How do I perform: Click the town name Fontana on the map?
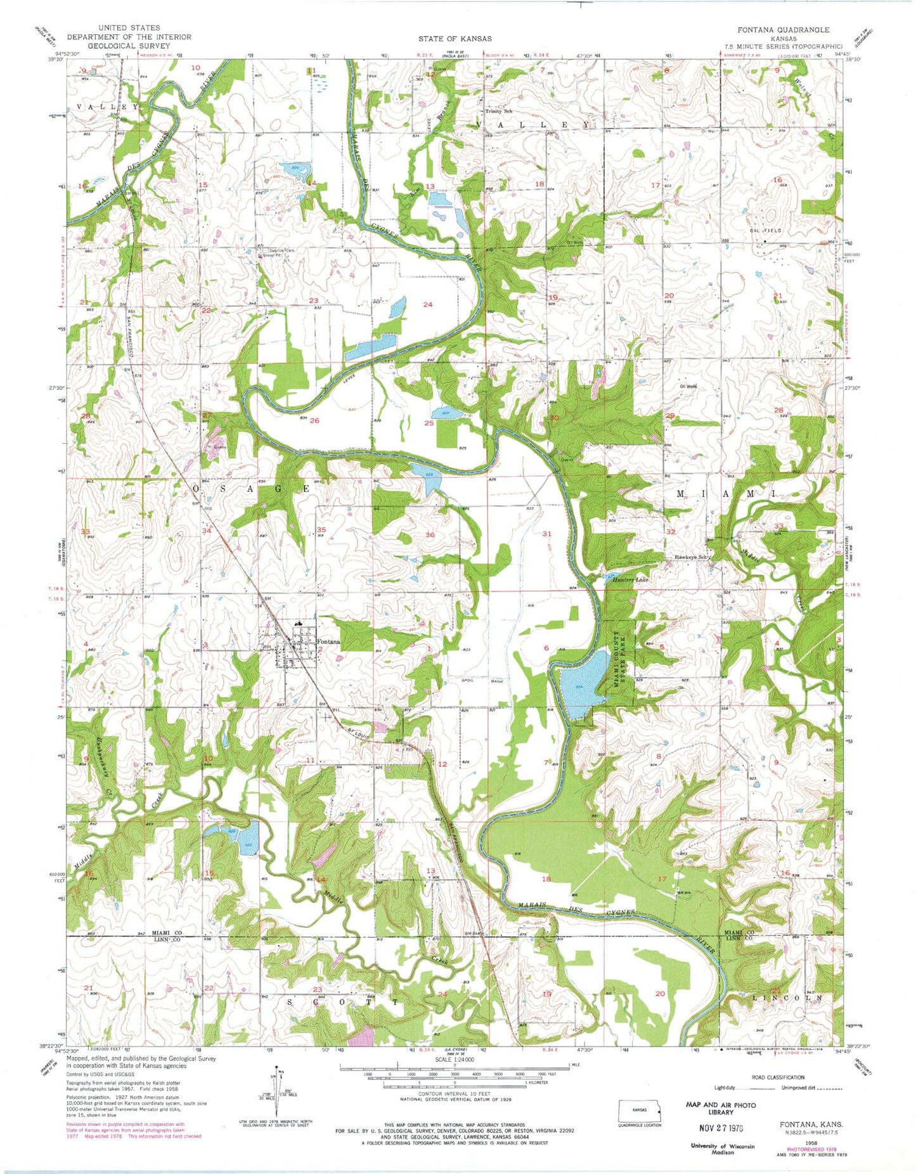pos(328,642)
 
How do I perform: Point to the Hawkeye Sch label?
pos(693,557)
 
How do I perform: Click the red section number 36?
pos(430,535)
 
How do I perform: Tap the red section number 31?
pos(547,534)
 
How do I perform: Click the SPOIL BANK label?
pos(486,680)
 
